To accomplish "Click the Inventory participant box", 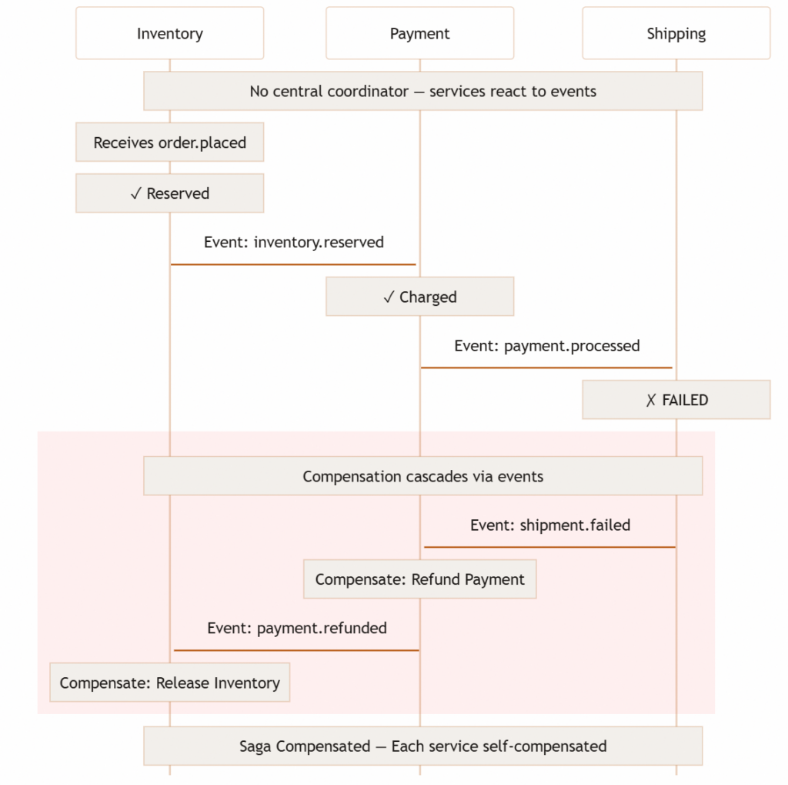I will [169, 33].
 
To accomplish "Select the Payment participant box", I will [419, 33].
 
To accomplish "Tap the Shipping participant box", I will [676, 33].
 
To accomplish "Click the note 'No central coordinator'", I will [422, 91].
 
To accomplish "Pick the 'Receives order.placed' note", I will [169, 143].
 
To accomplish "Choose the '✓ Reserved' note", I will [169, 193].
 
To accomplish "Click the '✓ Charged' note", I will [419, 297].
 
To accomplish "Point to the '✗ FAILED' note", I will [676, 400].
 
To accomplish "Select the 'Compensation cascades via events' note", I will [422, 476].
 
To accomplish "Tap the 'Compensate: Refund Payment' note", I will [419, 579].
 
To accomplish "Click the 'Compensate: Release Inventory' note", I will [169, 683].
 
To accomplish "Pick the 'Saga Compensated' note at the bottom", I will [422, 746].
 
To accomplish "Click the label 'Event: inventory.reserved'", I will [293, 242].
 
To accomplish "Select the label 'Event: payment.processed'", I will [546, 345].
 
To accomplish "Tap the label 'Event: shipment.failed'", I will [550, 525].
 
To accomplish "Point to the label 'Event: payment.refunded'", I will [296, 628].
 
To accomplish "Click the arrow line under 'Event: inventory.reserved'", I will [293, 264].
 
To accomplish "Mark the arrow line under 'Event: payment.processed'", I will [546, 367].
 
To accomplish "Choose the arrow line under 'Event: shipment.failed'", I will [549, 547].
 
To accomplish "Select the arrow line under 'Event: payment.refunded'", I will [296, 650].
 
